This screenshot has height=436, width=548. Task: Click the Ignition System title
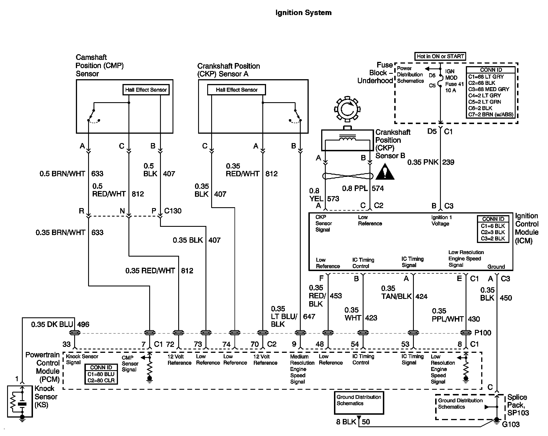coord(303,13)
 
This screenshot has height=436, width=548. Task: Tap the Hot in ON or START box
coord(440,56)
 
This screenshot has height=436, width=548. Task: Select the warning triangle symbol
coord(385,172)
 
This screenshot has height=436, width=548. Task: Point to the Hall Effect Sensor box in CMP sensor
coord(146,90)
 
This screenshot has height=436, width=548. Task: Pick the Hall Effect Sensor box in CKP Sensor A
coord(236,90)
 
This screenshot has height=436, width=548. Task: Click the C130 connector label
coord(173,211)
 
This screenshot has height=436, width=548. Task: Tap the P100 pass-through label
coord(483,333)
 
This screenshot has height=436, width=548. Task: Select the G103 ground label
coord(511,424)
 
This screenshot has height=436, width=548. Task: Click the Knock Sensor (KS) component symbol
coord(20,401)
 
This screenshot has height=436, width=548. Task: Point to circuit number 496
coord(83,324)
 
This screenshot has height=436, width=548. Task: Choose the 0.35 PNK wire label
coord(423,162)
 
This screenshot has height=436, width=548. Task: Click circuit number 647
coord(309,316)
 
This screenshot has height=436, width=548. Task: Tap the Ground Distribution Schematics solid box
coord(359,403)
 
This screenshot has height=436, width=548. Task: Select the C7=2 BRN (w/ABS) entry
coord(491,115)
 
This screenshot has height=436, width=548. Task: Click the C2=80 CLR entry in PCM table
coord(101,381)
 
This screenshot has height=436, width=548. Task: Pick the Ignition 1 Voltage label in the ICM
coord(441,221)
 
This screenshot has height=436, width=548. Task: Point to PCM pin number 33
coord(67,344)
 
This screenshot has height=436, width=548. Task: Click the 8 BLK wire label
coord(346,422)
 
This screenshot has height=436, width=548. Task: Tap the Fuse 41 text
coord(454,84)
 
